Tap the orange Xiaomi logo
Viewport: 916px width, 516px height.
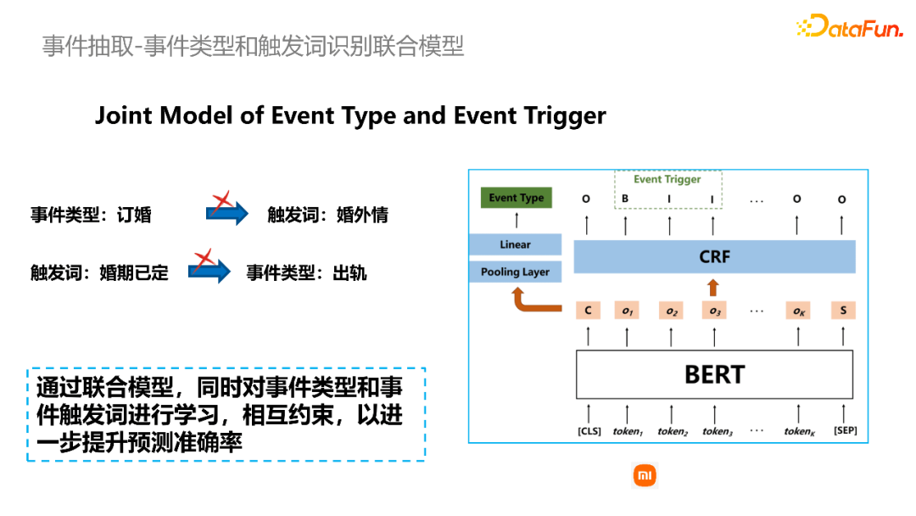point(645,476)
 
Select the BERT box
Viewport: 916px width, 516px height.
point(714,374)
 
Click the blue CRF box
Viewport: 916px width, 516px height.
point(714,256)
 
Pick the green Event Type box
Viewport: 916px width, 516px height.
point(516,198)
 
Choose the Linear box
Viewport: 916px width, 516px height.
point(515,244)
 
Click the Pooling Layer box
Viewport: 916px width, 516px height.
point(515,272)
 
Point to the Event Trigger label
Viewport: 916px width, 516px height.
point(667,180)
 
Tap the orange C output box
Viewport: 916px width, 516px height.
point(588,311)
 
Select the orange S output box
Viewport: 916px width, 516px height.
point(843,311)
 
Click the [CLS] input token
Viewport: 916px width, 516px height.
point(589,431)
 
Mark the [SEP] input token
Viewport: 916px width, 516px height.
point(845,431)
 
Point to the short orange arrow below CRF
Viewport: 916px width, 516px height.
point(713,286)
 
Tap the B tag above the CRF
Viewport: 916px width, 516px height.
point(625,199)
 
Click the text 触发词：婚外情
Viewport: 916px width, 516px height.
point(327,215)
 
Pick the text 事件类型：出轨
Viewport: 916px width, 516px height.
point(306,273)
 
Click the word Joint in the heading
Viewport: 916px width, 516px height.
point(124,115)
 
